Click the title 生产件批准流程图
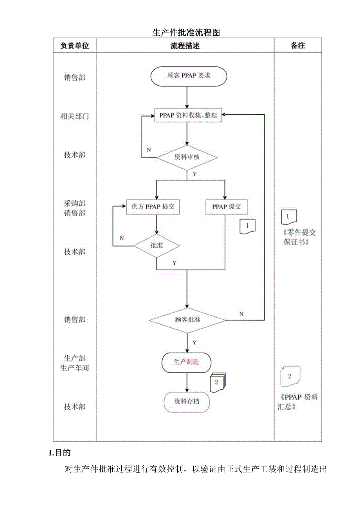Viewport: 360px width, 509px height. click(x=186, y=32)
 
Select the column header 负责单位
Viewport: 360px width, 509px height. click(x=74, y=45)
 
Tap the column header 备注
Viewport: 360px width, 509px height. click(x=298, y=45)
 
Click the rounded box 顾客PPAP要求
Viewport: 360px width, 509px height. click(x=189, y=76)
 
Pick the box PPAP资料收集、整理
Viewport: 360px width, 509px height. click(x=188, y=115)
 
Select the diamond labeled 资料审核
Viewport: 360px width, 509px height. click(x=187, y=157)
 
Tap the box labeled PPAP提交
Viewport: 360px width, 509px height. click(x=227, y=207)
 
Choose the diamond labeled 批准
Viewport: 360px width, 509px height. click(x=157, y=246)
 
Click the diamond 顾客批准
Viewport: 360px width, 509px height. click(x=187, y=320)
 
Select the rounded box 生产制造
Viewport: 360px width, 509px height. click(x=186, y=362)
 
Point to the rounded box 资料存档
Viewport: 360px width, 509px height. click(x=187, y=401)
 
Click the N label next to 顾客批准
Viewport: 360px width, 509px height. click(x=241, y=314)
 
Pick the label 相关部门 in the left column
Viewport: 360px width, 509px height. click(x=74, y=116)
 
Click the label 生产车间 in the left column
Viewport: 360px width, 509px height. click(x=74, y=368)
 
